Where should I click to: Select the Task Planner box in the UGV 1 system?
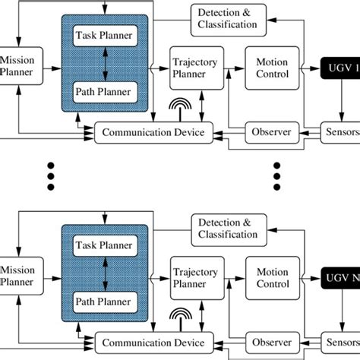[x=106, y=36]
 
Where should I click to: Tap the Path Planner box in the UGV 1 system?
[x=106, y=93]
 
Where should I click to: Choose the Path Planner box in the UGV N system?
[x=106, y=302]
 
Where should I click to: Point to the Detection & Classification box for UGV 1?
[x=228, y=19]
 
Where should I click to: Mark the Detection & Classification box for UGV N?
[x=228, y=228]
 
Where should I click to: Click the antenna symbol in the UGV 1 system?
[x=178, y=109]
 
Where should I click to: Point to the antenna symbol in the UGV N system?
[x=178, y=318]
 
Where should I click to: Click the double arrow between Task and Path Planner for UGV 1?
[x=106, y=65]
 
